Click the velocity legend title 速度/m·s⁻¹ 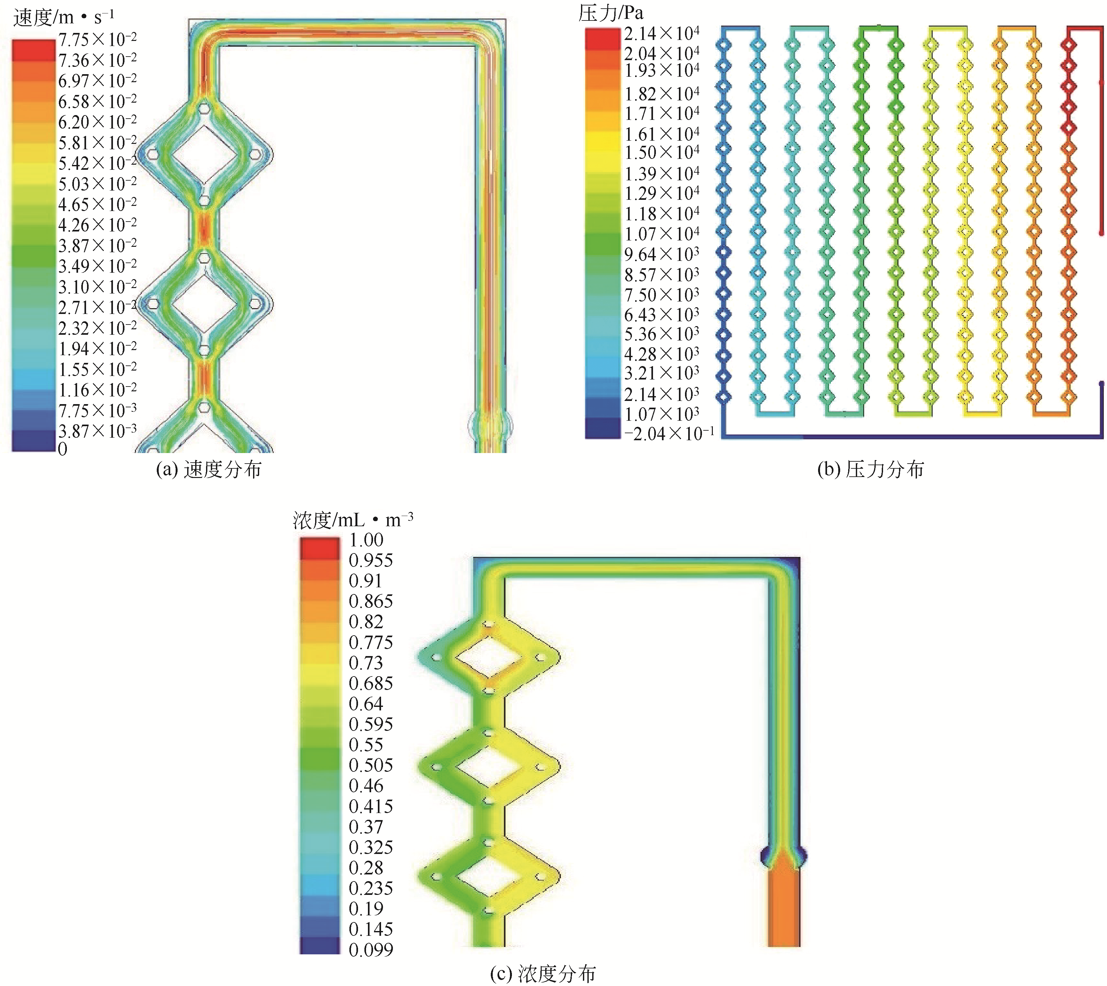point(64,17)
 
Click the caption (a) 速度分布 point(209,469)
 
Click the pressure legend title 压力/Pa point(611,13)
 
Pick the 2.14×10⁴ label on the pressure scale point(661,34)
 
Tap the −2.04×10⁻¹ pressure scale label point(669,434)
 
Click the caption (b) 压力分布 point(871,469)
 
